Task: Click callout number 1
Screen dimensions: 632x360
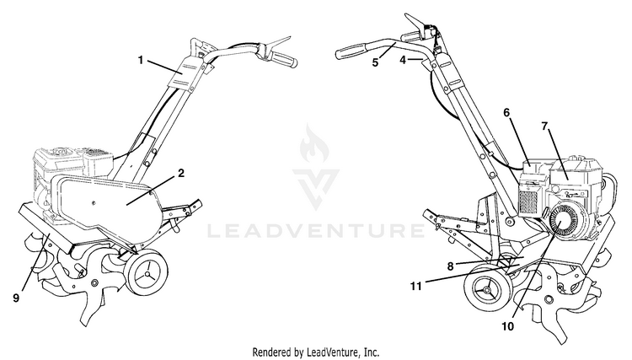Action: click(x=141, y=61)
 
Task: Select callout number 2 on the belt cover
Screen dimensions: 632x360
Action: click(x=181, y=174)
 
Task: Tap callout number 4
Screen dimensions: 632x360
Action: click(x=403, y=60)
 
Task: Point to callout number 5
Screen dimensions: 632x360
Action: click(x=375, y=63)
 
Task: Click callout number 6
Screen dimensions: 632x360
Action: click(x=506, y=112)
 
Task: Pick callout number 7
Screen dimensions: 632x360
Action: click(x=544, y=126)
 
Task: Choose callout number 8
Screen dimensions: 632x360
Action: click(x=450, y=266)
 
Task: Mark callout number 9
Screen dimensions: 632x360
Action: click(x=16, y=298)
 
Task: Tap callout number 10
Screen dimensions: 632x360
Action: click(x=508, y=326)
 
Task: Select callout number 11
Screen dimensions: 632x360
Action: click(x=416, y=286)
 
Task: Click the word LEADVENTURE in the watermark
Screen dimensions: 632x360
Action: click(x=316, y=231)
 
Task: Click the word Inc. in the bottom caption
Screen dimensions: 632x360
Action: click(x=371, y=352)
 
